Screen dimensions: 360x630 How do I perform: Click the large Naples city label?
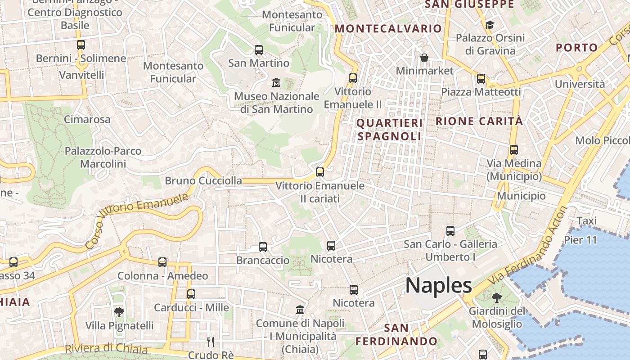click(x=439, y=285)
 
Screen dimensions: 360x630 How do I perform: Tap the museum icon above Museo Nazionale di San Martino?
click(x=276, y=83)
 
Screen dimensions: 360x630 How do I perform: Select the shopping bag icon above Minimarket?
click(x=424, y=58)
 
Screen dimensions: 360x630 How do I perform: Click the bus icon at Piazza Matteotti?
click(x=481, y=79)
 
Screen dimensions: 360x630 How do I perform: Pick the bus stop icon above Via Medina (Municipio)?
click(x=514, y=150)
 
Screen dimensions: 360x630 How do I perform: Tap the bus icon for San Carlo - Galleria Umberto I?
click(x=450, y=231)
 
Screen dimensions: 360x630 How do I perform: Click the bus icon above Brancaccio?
click(x=263, y=247)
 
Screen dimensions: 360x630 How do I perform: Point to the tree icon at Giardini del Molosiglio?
click(x=497, y=297)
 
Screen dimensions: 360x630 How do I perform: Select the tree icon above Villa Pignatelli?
click(x=119, y=312)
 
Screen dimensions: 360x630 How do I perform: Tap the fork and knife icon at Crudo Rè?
click(x=211, y=342)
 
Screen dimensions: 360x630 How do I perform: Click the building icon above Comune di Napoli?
click(x=300, y=310)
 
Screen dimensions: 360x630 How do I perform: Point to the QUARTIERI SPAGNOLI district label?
click(x=390, y=130)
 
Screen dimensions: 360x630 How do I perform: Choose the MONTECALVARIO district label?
click(x=388, y=28)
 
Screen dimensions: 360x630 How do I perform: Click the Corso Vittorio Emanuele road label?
click(x=136, y=220)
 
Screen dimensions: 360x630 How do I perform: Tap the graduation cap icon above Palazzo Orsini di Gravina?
click(x=490, y=25)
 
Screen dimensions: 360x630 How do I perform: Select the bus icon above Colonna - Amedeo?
click(x=162, y=262)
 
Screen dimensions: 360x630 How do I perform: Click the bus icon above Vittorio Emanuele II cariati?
click(x=320, y=172)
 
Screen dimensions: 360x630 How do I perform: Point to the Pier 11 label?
click(x=580, y=239)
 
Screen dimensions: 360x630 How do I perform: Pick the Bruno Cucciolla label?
click(x=203, y=181)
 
